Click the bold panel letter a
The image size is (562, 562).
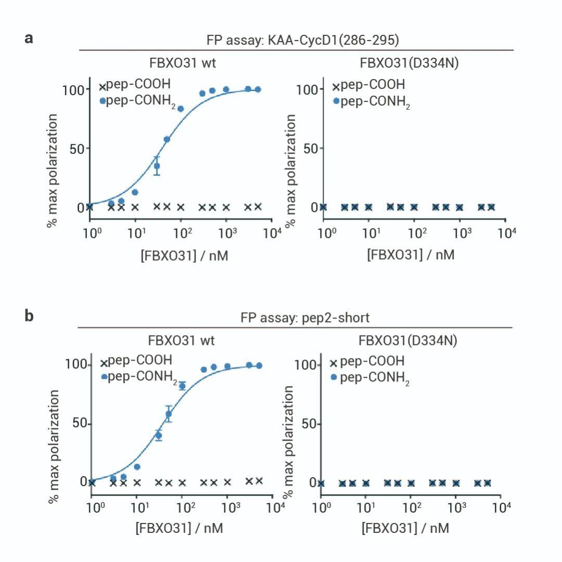click(x=29, y=38)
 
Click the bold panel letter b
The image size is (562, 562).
click(x=29, y=316)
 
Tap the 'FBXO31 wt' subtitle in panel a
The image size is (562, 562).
click(x=182, y=63)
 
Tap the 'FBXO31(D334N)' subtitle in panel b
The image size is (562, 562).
click(x=408, y=341)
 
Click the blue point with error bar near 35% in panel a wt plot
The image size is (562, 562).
click(x=157, y=166)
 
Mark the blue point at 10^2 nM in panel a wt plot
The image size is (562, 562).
click(x=181, y=109)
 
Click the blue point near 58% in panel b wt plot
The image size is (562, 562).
click(x=169, y=414)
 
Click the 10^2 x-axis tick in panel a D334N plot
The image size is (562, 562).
click(x=414, y=232)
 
